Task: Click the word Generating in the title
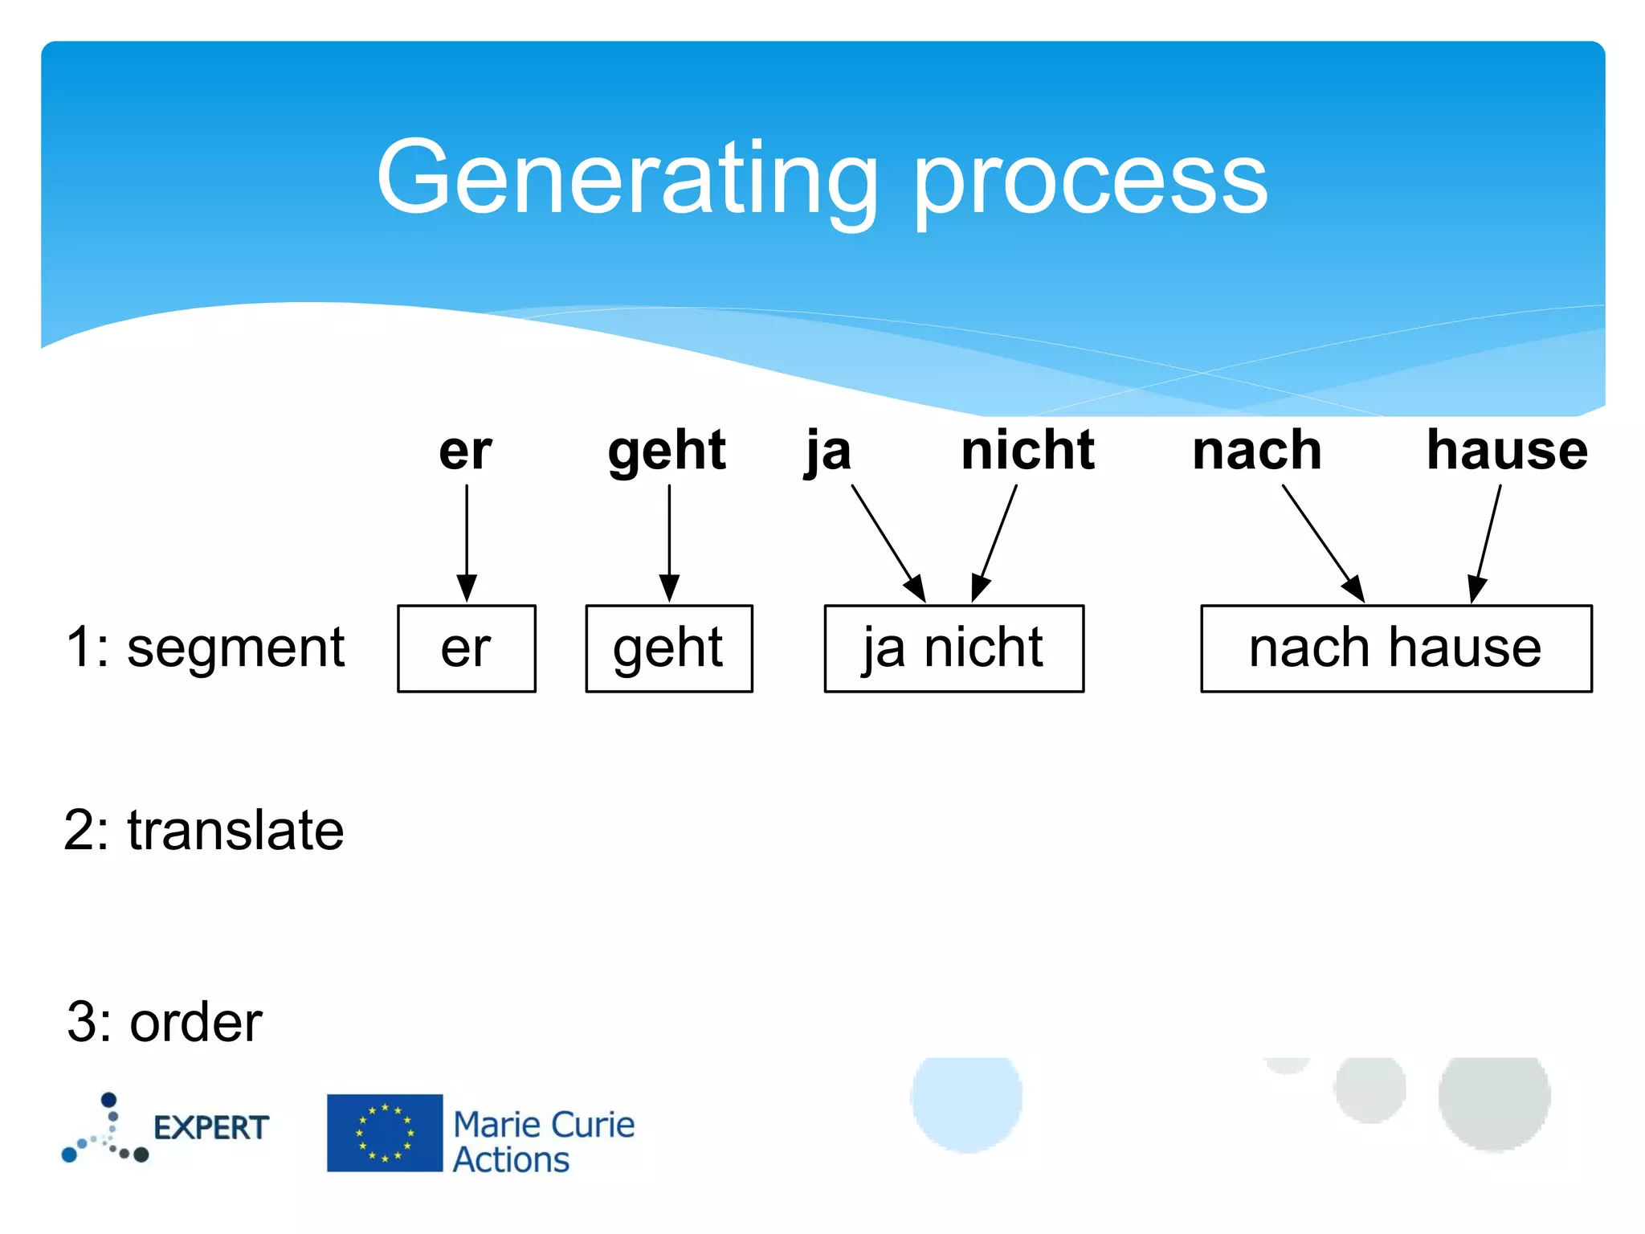[x=627, y=178]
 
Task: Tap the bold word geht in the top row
[x=667, y=452]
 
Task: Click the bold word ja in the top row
[x=828, y=452]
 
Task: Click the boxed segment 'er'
[x=467, y=648]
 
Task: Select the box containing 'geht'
[x=669, y=648]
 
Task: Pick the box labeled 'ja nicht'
[x=953, y=648]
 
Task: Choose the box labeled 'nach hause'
[x=1395, y=648]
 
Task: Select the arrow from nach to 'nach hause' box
[x=1323, y=542]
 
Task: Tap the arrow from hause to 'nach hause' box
[x=1487, y=542]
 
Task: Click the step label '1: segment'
[x=205, y=648]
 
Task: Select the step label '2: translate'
[x=204, y=830]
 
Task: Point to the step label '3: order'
[x=165, y=1023]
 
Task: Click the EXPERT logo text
[x=211, y=1128]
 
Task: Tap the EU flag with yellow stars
[x=385, y=1133]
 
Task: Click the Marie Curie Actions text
[x=543, y=1142]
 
